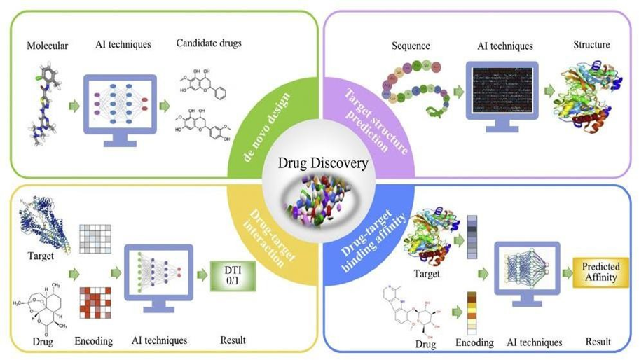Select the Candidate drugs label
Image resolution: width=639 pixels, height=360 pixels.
[208, 44]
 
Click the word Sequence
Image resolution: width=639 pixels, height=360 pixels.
[412, 46]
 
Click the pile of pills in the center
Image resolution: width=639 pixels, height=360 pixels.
[319, 203]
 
